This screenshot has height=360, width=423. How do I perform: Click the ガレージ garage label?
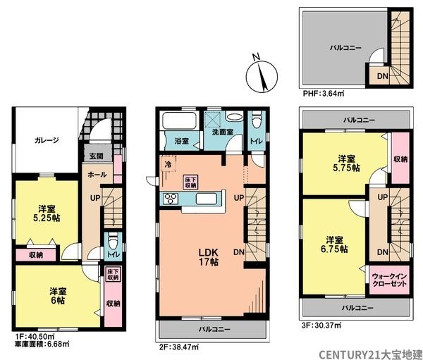pos(47,140)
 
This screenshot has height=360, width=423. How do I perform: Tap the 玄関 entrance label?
pos(97,156)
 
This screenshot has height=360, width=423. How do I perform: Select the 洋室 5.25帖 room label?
pos(47,213)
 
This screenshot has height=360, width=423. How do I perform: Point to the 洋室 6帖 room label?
pos(58,296)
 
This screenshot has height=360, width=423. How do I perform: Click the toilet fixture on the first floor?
pos(112,242)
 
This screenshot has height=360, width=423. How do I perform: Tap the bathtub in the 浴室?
pos(179,120)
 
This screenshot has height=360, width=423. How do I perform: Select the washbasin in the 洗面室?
pos(234,117)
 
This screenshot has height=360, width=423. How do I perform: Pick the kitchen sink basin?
pos(206,199)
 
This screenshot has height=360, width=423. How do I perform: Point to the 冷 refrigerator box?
pos(168,164)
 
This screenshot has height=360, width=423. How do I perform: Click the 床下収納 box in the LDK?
pos(191,182)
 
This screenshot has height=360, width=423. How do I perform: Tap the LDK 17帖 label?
pos(208,257)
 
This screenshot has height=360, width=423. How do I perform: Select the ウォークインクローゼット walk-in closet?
pos(389,280)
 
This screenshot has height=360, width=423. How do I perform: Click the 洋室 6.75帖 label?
pos(334,244)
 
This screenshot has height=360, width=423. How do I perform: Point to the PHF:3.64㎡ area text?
pos(323,94)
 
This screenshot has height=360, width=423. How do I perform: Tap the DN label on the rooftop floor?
pos(382,76)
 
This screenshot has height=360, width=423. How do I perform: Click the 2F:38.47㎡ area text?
pos(179,347)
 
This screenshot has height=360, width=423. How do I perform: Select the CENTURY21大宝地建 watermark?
pos(371,354)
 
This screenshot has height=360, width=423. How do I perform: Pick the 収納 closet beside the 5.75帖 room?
pos(400,159)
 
